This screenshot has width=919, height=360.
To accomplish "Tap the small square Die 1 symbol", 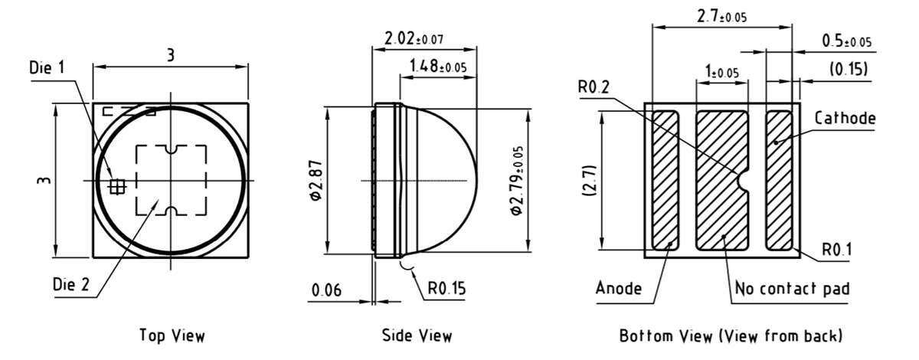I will [118, 185].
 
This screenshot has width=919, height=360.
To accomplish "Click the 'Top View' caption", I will [172, 335].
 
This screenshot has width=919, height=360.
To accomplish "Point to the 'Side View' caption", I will [417, 335].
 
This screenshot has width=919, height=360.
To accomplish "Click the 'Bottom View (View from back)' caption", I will [731, 335].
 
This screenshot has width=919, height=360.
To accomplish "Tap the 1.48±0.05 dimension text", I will [437, 67].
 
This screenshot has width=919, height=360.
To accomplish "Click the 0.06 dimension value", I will [327, 290].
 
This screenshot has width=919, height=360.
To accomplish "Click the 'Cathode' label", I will [845, 119].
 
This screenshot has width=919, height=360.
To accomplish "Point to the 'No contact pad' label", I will [792, 289].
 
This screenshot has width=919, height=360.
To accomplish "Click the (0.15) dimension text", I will [849, 70].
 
